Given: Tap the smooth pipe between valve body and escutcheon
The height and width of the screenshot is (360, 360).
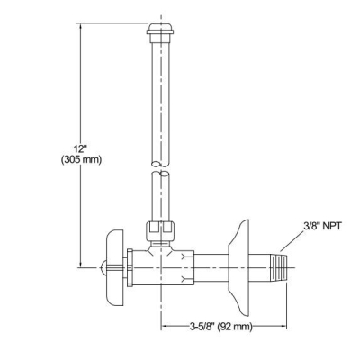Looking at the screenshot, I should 211,265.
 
